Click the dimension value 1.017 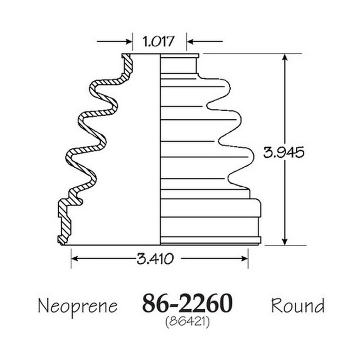point(159,41)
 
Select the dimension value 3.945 point(284,152)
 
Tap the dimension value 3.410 point(155,259)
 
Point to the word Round point(298,306)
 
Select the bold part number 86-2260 point(187,303)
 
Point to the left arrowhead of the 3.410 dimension point(75,259)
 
